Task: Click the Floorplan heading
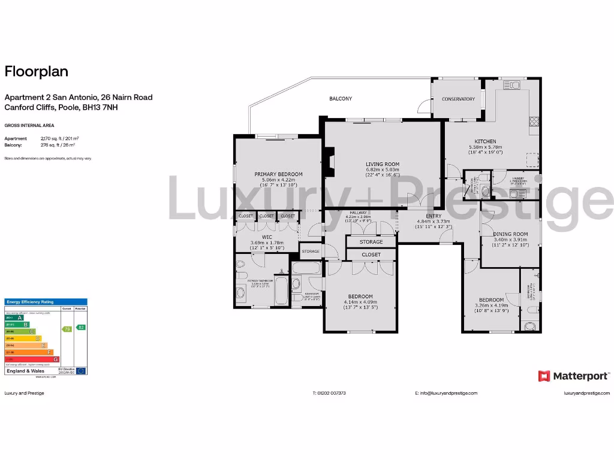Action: coord(37,71)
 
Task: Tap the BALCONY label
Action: coord(341,98)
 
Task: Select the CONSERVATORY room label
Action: coord(458,99)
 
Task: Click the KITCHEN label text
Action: coord(486,141)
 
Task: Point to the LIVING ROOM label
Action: coord(383,164)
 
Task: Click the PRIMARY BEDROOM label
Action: coord(278,174)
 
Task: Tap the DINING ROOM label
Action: coord(510,234)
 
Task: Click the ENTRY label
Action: coord(434,216)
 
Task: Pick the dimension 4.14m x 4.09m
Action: coord(360,302)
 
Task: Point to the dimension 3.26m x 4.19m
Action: coord(491,305)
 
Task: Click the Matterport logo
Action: coord(574,376)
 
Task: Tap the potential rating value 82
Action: coord(81,327)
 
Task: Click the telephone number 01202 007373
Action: coord(329,394)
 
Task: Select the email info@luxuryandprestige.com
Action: coord(446,394)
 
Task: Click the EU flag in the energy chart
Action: coord(81,371)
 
